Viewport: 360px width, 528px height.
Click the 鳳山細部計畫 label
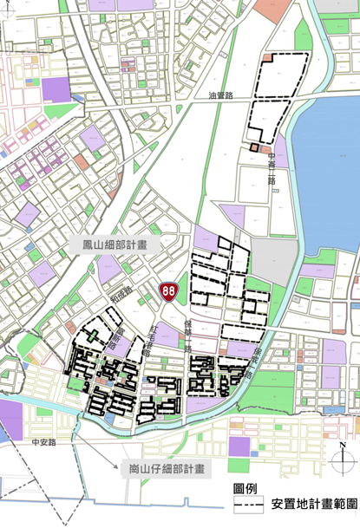(108, 245)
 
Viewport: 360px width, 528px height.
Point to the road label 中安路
(43, 442)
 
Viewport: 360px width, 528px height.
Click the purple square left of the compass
(239, 448)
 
